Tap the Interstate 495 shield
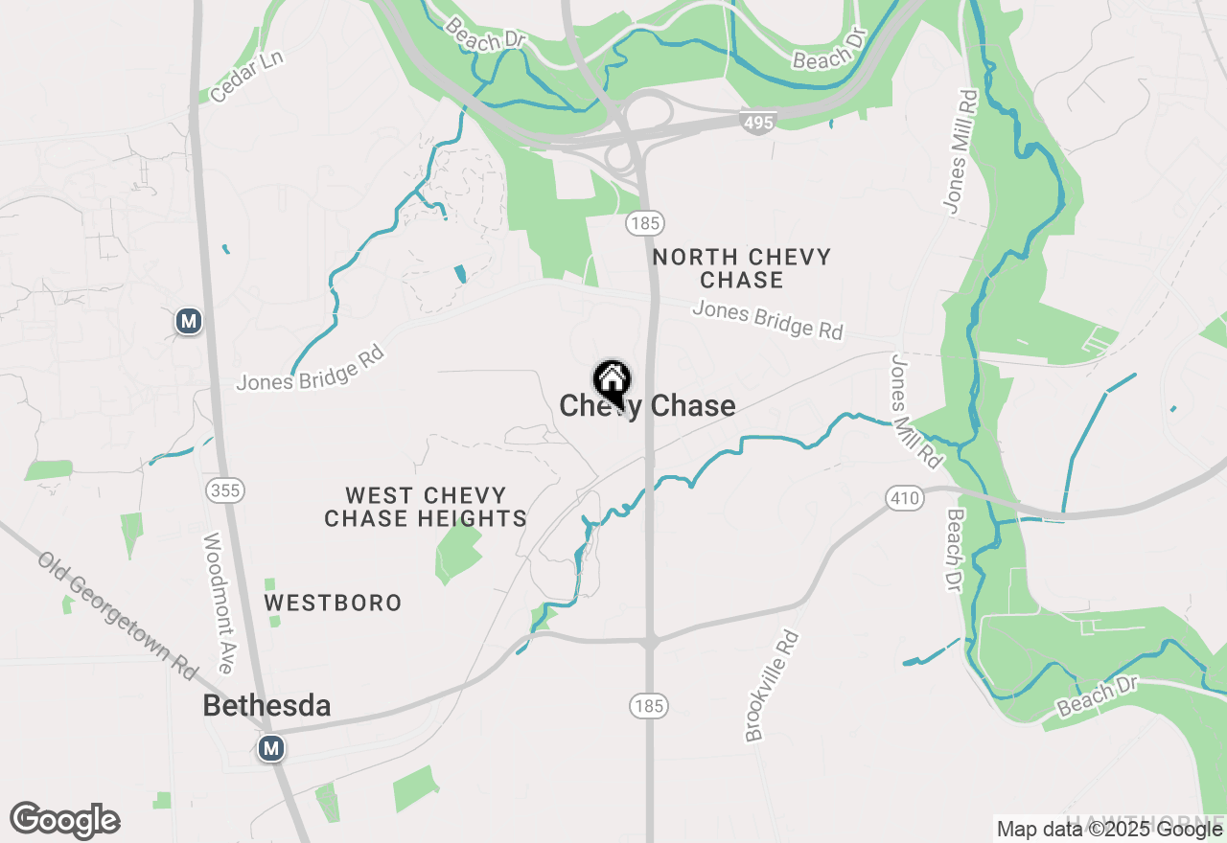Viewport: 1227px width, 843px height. coord(757,121)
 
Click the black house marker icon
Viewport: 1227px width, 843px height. coord(611,381)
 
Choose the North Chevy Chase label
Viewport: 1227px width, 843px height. coord(741,268)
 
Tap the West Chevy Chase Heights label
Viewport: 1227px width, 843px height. coord(425,507)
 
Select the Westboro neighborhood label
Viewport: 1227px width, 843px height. coord(333,603)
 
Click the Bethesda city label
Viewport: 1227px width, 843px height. coord(266,706)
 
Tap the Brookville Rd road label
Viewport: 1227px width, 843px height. coord(772,686)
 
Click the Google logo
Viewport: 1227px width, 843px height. coord(64,821)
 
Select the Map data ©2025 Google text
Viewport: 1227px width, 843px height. coord(1109,829)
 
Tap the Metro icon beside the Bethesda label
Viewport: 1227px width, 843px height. coord(272,747)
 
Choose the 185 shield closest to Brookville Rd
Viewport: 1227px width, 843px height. coord(649,707)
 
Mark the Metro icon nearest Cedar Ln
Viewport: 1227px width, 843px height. coord(189,321)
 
